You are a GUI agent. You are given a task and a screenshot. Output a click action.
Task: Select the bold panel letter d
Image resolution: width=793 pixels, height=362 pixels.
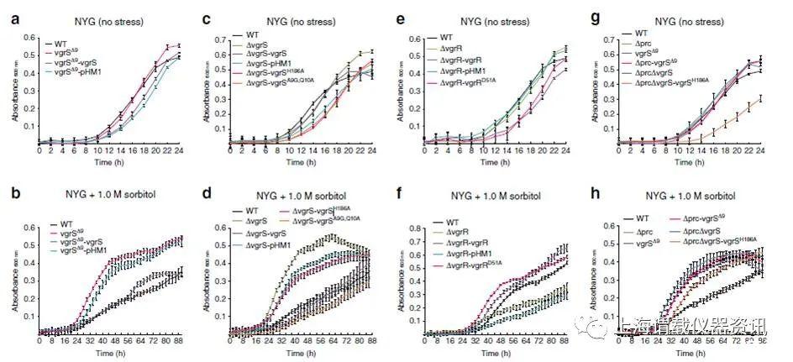tap(213, 202)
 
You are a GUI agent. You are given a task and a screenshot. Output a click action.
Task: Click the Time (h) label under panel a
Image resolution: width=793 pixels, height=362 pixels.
tap(108, 161)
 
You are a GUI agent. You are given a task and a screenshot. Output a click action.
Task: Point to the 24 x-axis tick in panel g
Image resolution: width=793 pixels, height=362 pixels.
tap(759, 150)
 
